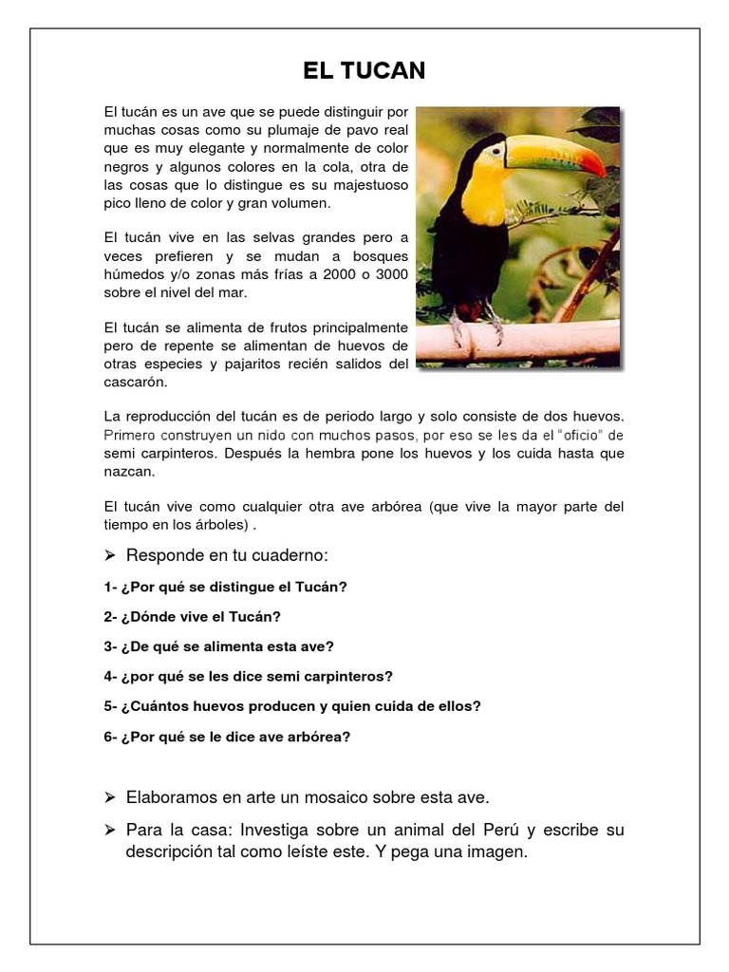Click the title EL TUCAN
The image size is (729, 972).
(x=364, y=70)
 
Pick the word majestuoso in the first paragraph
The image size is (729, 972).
(x=361, y=185)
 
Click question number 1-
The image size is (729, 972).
(x=110, y=587)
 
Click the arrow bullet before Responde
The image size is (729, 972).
(x=110, y=554)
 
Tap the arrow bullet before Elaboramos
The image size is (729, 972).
(x=110, y=796)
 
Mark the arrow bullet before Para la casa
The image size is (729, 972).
(x=110, y=830)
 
